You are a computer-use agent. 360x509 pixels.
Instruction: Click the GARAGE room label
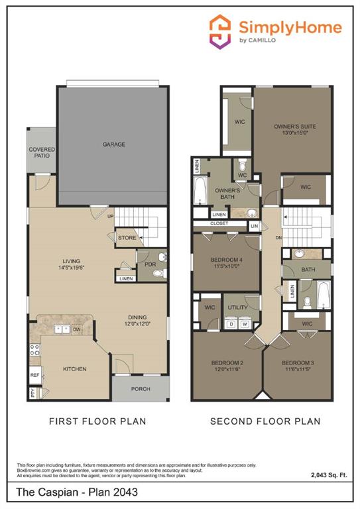[x=113, y=144]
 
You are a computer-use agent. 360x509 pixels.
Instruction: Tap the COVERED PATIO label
[x=41, y=154]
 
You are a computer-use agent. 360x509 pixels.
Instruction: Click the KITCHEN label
[x=75, y=369]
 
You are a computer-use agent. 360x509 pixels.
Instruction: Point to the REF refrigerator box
[x=34, y=374]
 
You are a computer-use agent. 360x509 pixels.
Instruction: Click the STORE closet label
[x=127, y=237]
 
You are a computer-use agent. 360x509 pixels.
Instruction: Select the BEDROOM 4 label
[x=226, y=260]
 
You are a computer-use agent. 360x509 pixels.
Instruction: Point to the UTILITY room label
[x=237, y=308]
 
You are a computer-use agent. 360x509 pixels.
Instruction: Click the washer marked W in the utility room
[x=245, y=324]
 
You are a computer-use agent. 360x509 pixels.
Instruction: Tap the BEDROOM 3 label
[x=296, y=363]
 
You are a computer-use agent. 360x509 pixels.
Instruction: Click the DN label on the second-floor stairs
[x=280, y=237]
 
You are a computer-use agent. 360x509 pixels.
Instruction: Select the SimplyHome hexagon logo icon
[x=219, y=30]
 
